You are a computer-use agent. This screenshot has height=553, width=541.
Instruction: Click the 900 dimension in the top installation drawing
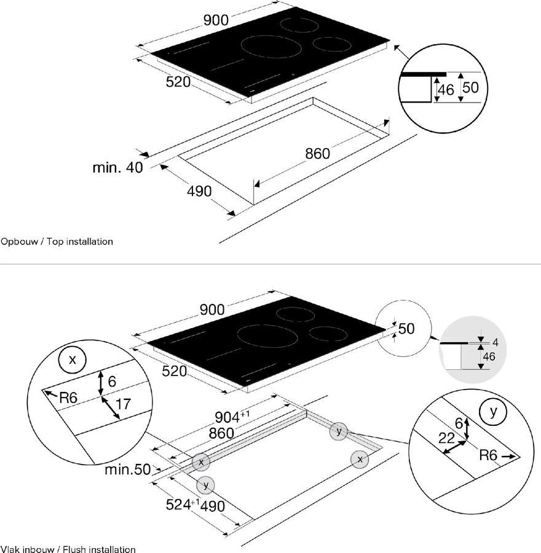(216, 20)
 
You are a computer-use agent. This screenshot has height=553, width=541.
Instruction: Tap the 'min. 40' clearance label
(117, 168)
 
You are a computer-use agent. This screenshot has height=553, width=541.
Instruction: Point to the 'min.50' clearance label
(127, 470)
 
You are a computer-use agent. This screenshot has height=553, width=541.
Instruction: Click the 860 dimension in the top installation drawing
(318, 154)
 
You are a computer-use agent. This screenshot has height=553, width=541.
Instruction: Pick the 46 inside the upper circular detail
(446, 90)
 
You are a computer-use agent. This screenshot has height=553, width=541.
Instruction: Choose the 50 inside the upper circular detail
(470, 87)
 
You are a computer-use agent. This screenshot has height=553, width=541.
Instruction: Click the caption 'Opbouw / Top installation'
(57, 241)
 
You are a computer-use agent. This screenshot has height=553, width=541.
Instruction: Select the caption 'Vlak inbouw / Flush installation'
(68, 549)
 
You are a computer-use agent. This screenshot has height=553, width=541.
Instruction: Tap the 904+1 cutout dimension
(237, 417)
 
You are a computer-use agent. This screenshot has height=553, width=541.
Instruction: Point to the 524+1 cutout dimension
(184, 505)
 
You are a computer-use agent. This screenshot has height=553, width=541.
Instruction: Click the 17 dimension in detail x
(123, 404)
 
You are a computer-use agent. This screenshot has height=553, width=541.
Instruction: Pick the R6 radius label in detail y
(489, 457)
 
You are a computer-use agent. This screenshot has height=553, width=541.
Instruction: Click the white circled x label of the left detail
(73, 360)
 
